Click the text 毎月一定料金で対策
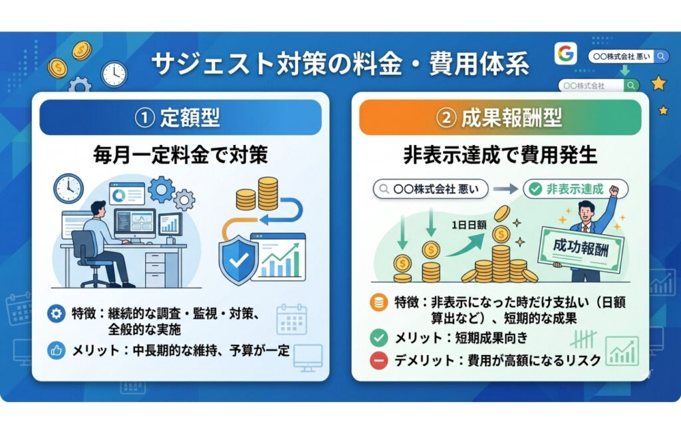[x=180, y=156]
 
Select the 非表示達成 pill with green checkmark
[x=576, y=189]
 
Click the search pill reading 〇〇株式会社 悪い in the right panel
[x=430, y=189]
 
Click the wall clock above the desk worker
[x=68, y=188]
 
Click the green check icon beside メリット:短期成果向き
[x=376, y=338]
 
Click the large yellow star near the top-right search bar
[x=658, y=83]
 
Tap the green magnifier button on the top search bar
[x=632, y=86]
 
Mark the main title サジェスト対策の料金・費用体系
[x=340, y=64]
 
